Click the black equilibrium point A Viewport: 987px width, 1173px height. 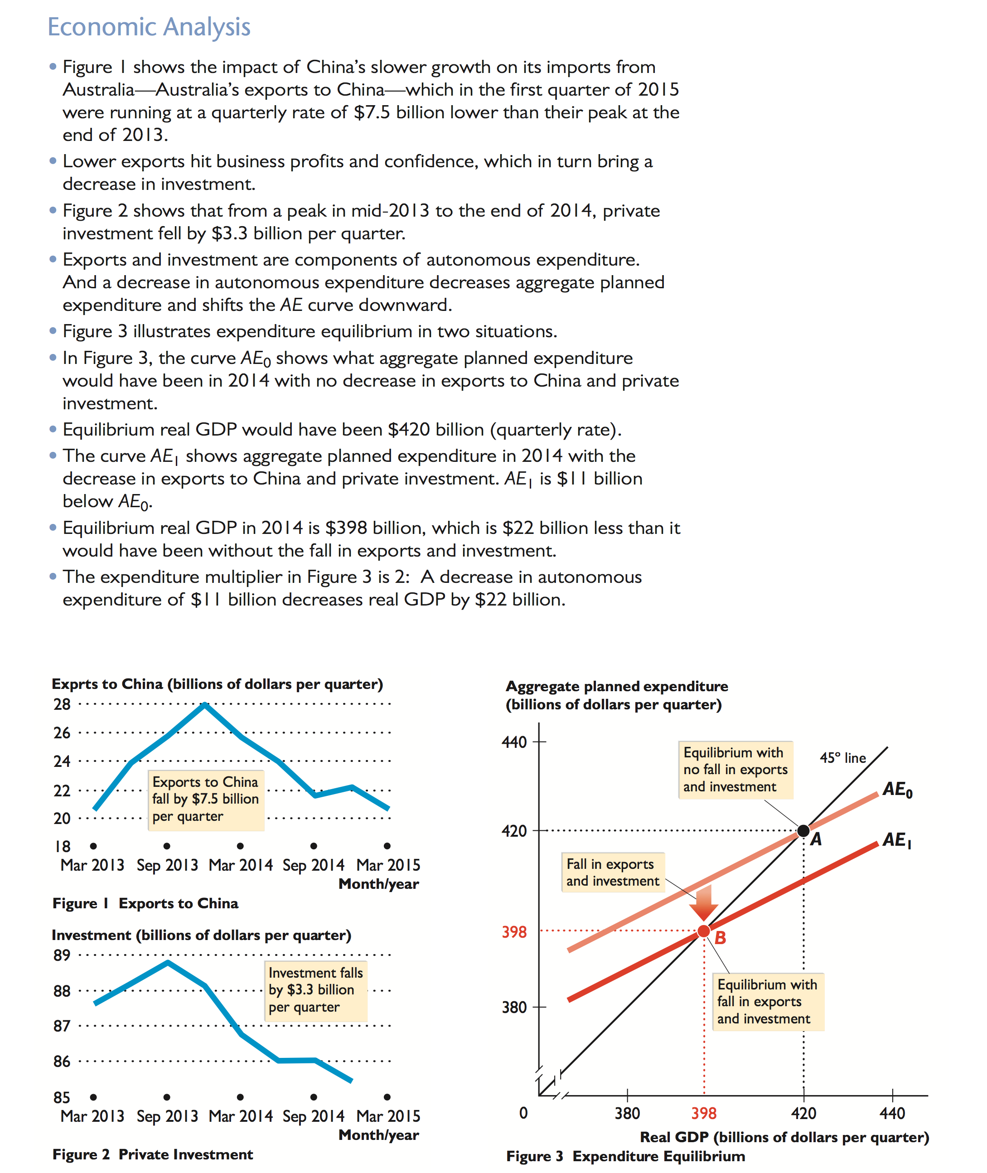click(803, 830)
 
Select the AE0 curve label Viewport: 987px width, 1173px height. click(897, 790)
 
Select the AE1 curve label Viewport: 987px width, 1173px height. click(897, 840)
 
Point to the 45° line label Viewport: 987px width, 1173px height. click(842, 758)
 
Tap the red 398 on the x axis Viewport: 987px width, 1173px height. click(703, 1114)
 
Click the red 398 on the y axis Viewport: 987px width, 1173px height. click(513, 932)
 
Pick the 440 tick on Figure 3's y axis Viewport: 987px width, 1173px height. click(513, 742)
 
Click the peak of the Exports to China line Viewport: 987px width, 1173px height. click(205, 705)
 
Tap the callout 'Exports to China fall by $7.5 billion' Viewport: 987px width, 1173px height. click(205, 799)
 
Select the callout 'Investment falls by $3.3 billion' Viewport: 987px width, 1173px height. click(315, 990)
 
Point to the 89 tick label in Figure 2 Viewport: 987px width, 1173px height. click(62, 955)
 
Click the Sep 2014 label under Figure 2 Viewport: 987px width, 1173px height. click(313, 1116)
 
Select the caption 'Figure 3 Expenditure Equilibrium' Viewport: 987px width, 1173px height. click(625, 1156)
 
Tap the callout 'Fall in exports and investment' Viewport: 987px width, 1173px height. click(612, 872)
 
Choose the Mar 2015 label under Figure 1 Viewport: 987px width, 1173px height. click(388, 865)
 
